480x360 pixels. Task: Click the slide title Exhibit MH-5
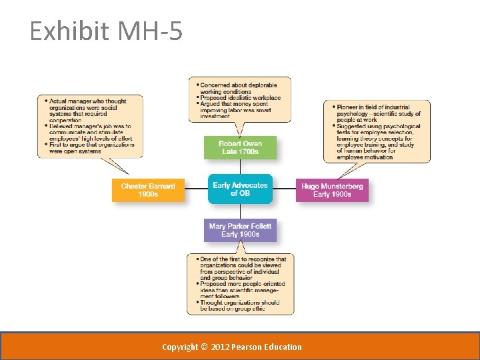pyautogui.click(x=106, y=31)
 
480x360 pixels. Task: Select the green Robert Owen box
pyautogui.click(x=240, y=147)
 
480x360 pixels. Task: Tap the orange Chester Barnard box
pyautogui.click(x=148, y=190)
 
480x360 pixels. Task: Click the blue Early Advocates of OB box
pyautogui.click(x=240, y=189)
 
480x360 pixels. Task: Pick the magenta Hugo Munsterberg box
pyautogui.click(x=332, y=190)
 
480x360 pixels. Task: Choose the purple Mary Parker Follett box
pyautogui.click(x=240, y=230)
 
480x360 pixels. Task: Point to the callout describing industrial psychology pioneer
pyautogui.click(x=377, y=131)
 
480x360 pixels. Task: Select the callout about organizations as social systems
pyautogui.click(x=90, y=126)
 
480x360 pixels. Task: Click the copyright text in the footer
pyautogui.click(x=232, y=347)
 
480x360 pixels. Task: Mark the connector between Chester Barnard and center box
pyautogui.click(x=196, y=189)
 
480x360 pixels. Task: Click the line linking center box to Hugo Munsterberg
pyautogui.click(x=284, y=189)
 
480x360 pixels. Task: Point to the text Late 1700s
pyautogui.click(x=240, y=152)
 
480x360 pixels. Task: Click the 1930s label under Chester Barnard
pyautogui.click(x=148, y=194)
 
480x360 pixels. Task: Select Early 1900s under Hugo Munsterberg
pyautogui.click(x=332, y=194)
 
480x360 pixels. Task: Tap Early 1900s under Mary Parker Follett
pyautogui.click(x=240, y=234)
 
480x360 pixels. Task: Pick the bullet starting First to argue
pyautogui.click(x=91, y=148)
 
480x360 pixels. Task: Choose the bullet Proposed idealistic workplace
pyautogui.click(x=240, y=97)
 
